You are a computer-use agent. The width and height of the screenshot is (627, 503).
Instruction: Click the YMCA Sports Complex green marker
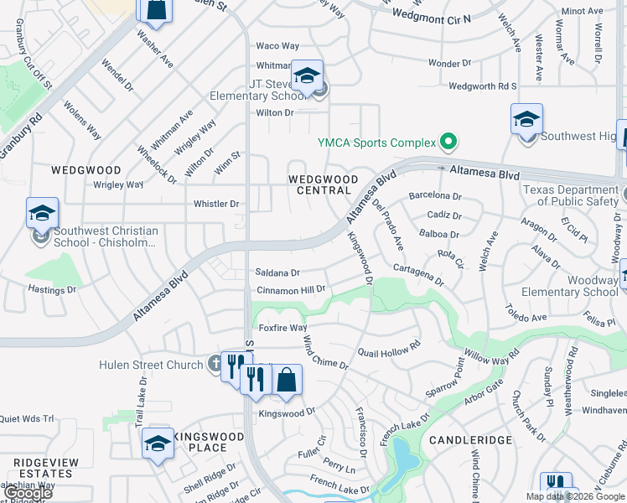click(x=448, y=142)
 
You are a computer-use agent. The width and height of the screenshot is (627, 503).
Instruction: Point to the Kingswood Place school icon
click(x=157, y=443)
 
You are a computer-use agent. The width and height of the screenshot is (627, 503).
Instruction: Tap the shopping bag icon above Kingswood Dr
click(x=286, y=380)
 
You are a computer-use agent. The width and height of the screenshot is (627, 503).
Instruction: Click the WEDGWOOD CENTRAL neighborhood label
click(x=323, y=184)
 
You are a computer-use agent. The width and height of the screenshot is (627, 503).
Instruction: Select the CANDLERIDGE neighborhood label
click(x=470, y=439)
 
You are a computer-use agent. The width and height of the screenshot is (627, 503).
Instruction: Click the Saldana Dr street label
click(x=277, y=272)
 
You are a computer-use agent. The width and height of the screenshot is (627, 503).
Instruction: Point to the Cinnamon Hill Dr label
click(x=290, y=289)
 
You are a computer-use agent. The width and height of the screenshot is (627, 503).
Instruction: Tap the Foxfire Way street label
click(x=282, y=328)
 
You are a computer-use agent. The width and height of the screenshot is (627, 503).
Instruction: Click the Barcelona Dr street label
click(x=435, y=196)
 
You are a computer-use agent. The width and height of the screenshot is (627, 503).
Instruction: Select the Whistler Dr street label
click(x=216, y=204)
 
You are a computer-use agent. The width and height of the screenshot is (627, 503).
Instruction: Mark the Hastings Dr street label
click(x=53, y=290)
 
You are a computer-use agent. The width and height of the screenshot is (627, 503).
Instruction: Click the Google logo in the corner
click(x=28, y=494)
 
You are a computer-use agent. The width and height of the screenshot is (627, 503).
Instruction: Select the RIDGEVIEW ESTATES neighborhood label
click(x=45, y=468)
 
